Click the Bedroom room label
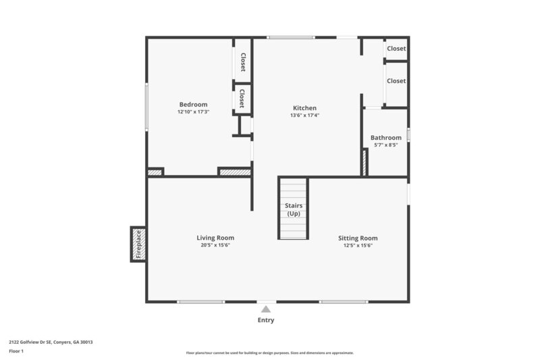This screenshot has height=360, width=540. pos(193,104)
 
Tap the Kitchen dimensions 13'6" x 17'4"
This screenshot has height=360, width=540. pos(304,115)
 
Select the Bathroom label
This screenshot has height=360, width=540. pos(385,138)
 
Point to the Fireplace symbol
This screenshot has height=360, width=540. pos(138,245)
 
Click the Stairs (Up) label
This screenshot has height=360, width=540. pos(294,209)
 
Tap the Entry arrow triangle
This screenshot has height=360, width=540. pos(266,309)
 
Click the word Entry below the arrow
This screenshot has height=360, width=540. pos(266,320)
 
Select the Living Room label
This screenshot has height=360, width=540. pos(215,238)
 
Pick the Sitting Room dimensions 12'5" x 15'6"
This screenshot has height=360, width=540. pos(358,246)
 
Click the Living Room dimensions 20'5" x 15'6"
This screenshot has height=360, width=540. pos(215,246)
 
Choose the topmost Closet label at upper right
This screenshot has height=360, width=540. pos(396,49)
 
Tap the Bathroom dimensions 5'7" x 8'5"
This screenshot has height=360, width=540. pos(385,145)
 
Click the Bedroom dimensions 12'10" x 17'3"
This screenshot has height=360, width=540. pos(193,111)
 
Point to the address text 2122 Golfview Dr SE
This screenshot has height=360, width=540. pos(51,342)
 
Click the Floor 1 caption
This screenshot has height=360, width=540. pos(16,351)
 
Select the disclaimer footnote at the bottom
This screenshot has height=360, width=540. pos(269,353)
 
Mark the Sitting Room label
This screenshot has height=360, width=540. pos(358,238)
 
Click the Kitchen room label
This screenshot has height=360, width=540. pos(304,108)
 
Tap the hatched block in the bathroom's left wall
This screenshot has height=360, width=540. pos(364,162)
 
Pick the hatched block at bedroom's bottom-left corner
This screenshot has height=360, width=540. pos(155,172)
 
